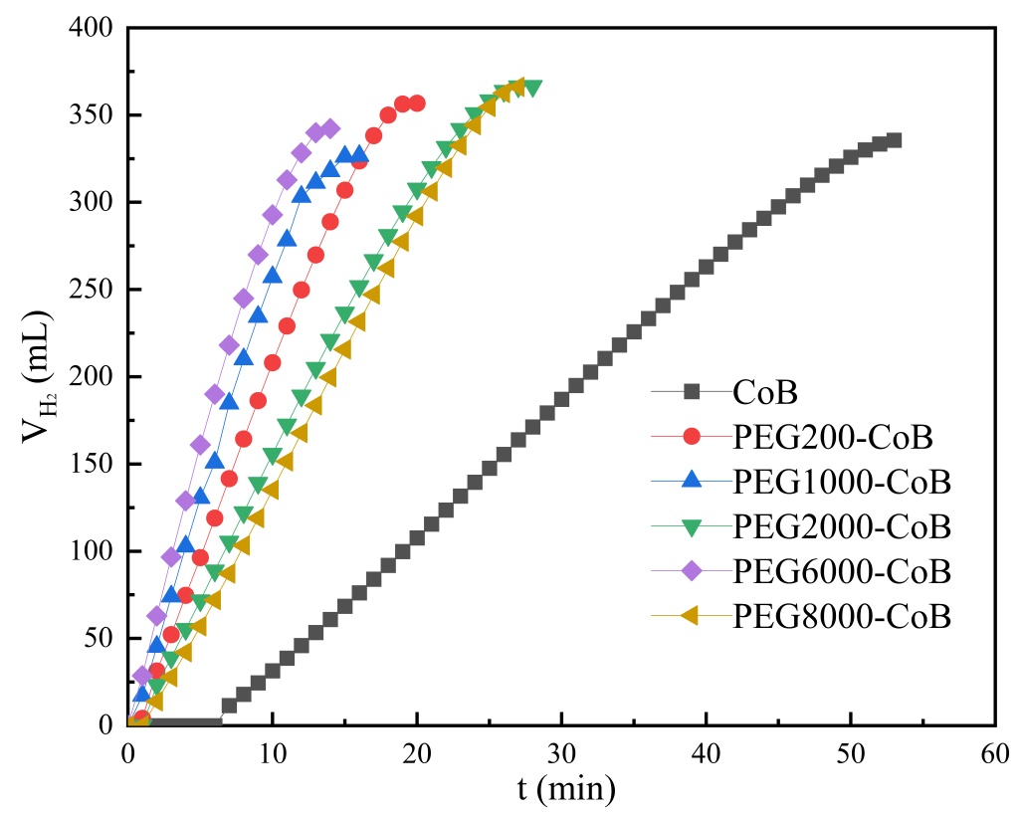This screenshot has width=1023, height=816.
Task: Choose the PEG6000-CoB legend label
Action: click(842, 572)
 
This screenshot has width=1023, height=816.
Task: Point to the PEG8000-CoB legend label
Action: click(842, 617)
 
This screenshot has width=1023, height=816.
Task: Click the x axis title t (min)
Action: click(566, 791)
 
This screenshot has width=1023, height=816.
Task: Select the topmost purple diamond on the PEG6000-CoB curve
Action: click(330, 129)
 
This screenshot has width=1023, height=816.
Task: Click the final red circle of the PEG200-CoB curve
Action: click(417, 103)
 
